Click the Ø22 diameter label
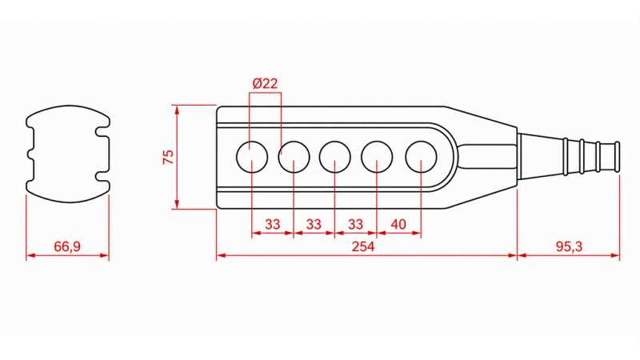pyautogui.click(x=265, y=83)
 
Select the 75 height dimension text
pyautogui.click(x=168, y=157)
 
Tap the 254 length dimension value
pyautogui.click(x=363, y=246)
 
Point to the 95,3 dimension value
pyautogui.click(x=569, y=246)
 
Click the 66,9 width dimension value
pyautogui.click(x=67, y=246)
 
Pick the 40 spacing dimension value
pyautogui.click(x=398, y=224)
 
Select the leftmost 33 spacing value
pyautogui.click(x=273, y=224)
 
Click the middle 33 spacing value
pyautogui.click(x=314, y=224)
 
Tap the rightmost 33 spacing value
pyautogui.click(x=355, y=224)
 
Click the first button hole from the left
pyautogui.click(x=237, y=157)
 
